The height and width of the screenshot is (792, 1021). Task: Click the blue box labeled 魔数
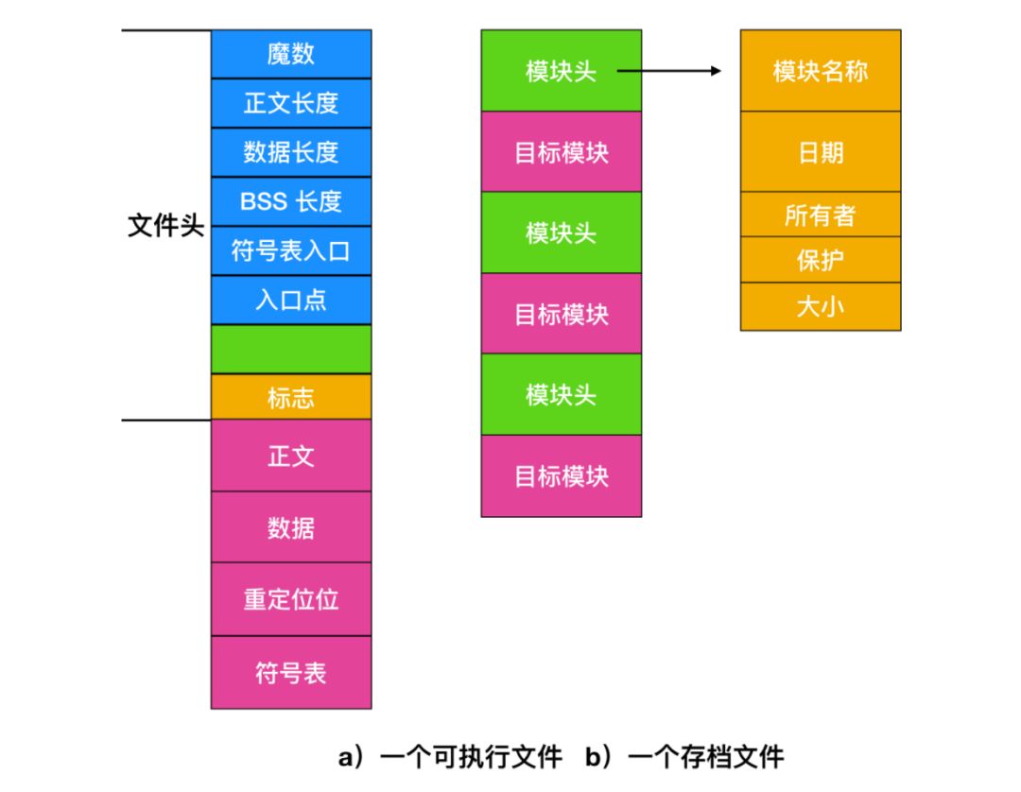coord(290,54)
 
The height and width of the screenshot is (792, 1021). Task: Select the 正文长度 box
coord(290,103)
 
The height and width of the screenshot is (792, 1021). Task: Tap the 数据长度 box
coord(290,152)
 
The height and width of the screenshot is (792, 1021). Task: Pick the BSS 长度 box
coord(290,201)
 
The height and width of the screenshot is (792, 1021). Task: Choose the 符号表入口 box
coord(290,250)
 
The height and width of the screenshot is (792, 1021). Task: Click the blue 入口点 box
coord(290,300)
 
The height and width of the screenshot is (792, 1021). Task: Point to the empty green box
coord(290,349)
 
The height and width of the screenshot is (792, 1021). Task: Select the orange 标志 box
coord(290,397)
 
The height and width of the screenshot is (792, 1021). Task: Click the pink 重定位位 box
coord(290,599)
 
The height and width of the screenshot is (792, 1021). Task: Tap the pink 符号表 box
coord(290,672)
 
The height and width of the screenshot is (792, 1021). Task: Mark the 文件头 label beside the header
coord(166,227)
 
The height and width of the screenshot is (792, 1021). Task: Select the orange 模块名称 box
coord(820,71)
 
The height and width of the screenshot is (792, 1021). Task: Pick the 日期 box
coord(820,152)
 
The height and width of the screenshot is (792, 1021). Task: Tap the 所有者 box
coord(820,215)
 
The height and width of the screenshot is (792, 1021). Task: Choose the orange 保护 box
coord(820,260)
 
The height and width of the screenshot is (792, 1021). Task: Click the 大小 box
coord(820,306)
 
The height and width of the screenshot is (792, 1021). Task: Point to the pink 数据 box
coord(290,526)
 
